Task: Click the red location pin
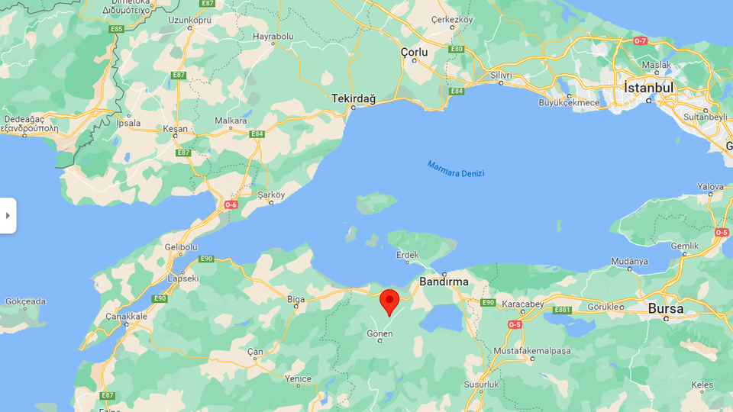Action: [x=389, y=301]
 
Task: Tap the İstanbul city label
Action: [x=649, y=88]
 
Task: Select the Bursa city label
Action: [x=666, y=309]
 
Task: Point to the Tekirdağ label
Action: [x=354, y=98]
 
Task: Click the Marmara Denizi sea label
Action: [x=456, y=169]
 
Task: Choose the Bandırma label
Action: [x=444, y=282]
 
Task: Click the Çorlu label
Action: [x=415, y=52]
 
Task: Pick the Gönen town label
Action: [x=379, y=334]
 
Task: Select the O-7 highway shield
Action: [x=640, y=40]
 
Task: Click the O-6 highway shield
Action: [x=231, y=205]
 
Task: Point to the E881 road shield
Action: [x=563, y=310]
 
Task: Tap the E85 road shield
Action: [x=116, y=29]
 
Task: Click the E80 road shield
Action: [x=457, y=49]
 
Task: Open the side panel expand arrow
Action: [x=8, y=216]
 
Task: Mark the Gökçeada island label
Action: [x=25, y=301]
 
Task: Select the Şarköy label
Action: [x=271, y=195]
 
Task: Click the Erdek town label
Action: [x=408, y=255]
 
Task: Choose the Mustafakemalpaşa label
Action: [x=532, y=350]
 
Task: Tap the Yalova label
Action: [x=710, y=187]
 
